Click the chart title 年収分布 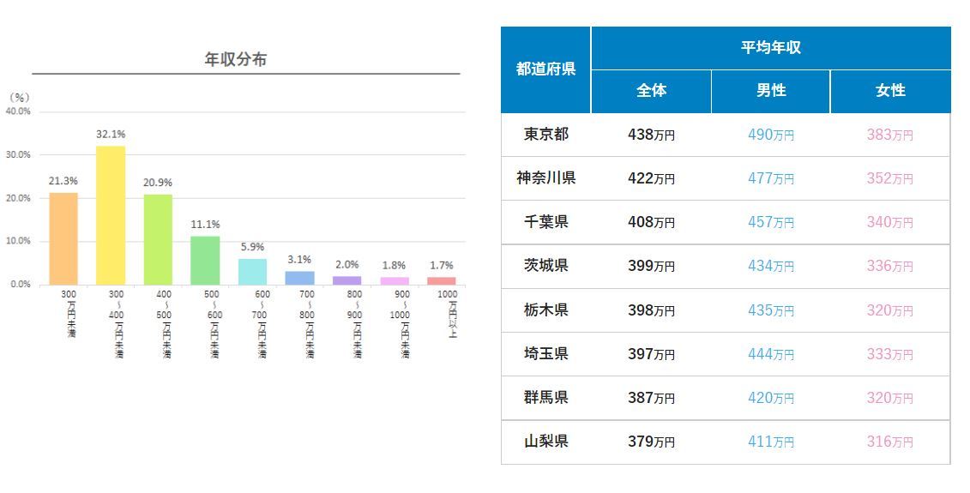click(x=235, y=59)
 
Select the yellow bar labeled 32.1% click(x=111, y=215)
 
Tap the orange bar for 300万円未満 click(x=63, y=238)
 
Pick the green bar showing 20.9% click(x=158, y=239)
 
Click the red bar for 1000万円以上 click(x=442, y=280)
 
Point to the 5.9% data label click(x=252, y=248)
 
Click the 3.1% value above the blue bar click(x=299, y=260)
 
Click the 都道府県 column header click(x=545, y=69)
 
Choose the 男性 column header click(x=770, y=91)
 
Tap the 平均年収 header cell click(x=770, y=48)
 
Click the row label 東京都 click(x=545, y=135)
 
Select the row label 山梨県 click(x=545, y=442)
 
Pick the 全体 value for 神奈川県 click(x=651, y=178)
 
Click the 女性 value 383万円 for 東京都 click(x=889, y=135)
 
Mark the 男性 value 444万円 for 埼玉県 click(x=770, y=354)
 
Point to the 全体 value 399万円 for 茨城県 click(x=651, y=266)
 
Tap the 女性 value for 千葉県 click(x=889, y=222)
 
